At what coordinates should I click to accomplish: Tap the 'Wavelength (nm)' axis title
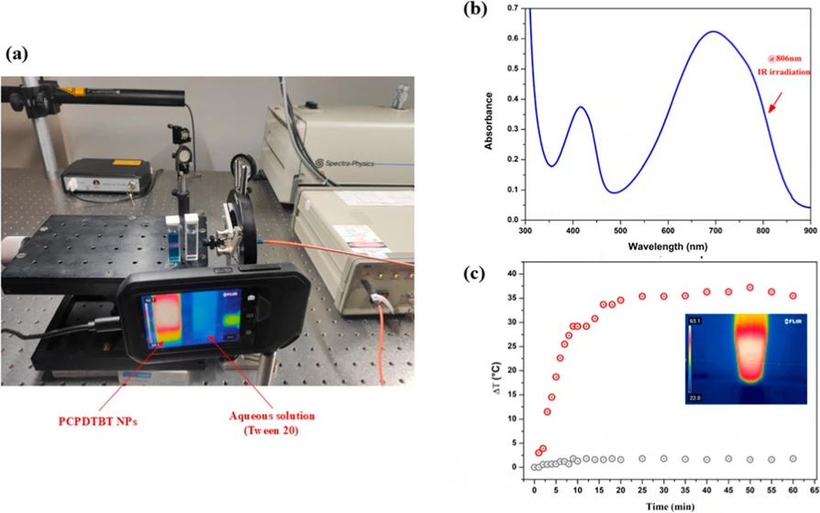(x=667, y=247)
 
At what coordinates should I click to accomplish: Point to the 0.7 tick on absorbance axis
(x=511, y=8)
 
